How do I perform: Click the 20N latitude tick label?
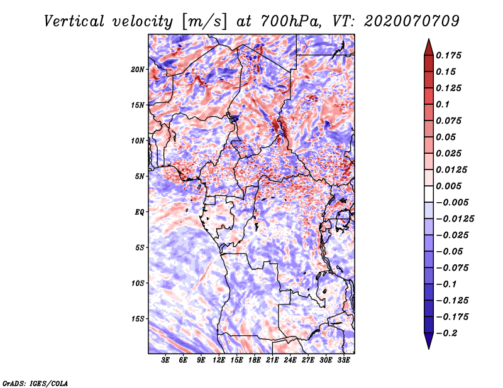coord(137,70)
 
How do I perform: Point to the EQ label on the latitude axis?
coord(139,212)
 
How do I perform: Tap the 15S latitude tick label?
coord(137,319)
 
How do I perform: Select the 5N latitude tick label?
coord(139,176)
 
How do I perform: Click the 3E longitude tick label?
coord(165,360)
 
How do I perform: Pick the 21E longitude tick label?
coord(272,360)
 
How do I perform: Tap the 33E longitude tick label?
coord(343,360)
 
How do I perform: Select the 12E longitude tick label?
coord(219,360)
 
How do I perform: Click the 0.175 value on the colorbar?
coord(448,55)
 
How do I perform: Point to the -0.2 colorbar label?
coord(446,333)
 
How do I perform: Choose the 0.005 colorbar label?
coord(448,186)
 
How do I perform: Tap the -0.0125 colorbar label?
coord(455,219)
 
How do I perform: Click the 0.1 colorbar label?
coord(443,104)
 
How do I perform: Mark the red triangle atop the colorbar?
coord(429,48)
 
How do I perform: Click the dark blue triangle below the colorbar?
coord(429,341)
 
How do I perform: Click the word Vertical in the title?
coord(74,21)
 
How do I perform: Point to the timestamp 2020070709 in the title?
coord(412,21)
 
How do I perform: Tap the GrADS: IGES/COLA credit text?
coord(35,384)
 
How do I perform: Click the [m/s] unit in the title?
coord(204,21)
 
